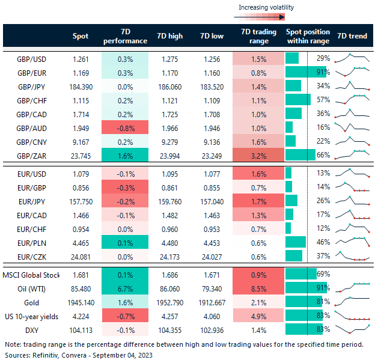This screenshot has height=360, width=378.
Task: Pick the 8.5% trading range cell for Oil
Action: click(258, 288)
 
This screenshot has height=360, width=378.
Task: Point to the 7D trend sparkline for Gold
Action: click(352, 302)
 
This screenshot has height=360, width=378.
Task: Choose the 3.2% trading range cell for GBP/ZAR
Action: click(258, 155)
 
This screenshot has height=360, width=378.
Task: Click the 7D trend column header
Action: click(352, 36)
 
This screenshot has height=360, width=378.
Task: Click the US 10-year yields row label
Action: click(33, 316)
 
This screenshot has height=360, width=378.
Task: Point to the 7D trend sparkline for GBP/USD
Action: click(352, 58)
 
